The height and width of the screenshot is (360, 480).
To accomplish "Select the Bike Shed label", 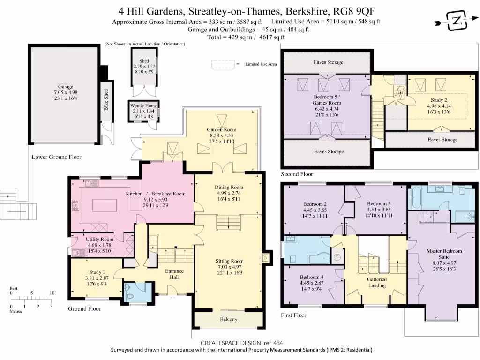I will (x=106, y=100).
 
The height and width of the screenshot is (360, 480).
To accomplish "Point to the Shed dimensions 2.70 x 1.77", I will (x=144, y=67).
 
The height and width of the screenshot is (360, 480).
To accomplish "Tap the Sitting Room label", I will (x=229, y=261).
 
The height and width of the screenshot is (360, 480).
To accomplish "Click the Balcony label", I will (x=229, y=320).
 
